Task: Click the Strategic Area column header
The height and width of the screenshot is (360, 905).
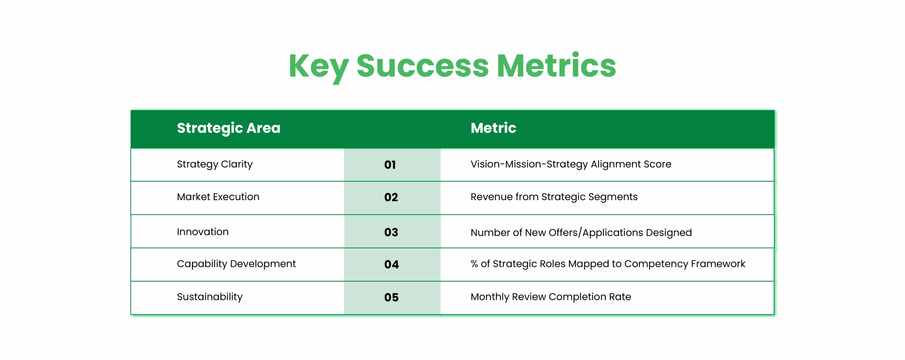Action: (x=228, y=128)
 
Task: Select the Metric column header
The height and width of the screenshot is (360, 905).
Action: (x=493, y=128)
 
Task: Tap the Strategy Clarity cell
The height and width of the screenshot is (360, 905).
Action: (x=215, y=164)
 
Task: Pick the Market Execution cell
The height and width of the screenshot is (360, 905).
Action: (x=218, y=197)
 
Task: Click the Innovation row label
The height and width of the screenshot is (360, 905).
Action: (x=203, y=232)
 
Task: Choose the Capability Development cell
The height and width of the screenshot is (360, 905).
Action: (x=236, y=264)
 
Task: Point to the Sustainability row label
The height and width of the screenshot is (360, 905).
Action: (x=210, y=297)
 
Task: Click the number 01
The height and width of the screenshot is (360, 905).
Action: (x=390, y=165)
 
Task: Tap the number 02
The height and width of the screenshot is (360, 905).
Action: (x=391, y=197)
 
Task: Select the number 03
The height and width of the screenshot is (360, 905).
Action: (x=391, y=232)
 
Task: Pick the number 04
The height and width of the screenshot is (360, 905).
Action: (x=391, y=265)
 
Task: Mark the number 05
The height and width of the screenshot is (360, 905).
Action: (x=391, y=297)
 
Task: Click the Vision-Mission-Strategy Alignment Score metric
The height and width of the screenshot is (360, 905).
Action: (x=571, y=164)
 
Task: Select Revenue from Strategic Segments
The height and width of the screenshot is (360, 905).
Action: (x=554, y=197)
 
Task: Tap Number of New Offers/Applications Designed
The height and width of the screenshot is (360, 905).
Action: (x=581, y=233)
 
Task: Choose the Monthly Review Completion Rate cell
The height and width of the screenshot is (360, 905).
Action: (x=550, y=297)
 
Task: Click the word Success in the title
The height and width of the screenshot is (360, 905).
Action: (x=422, y=66)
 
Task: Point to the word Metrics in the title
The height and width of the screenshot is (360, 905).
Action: (x=556, y=66)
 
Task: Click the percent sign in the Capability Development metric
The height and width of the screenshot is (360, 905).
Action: (x=474, y=264)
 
